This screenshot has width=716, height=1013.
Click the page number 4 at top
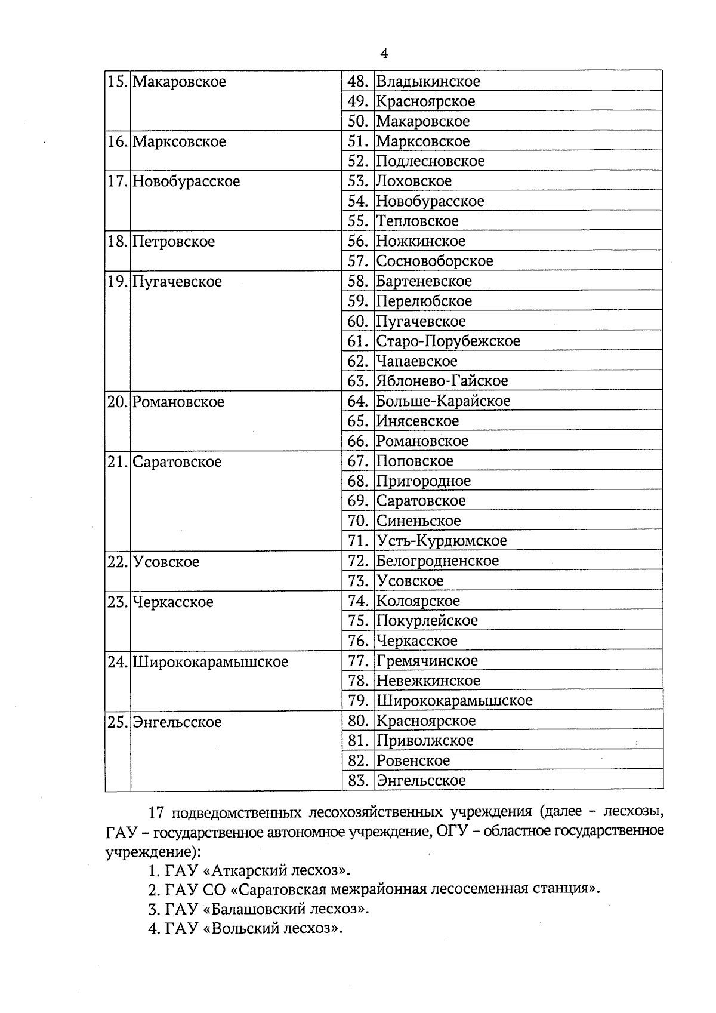[x=384, y=54]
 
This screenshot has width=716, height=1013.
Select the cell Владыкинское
[x=428, y=81]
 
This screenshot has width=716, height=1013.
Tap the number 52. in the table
[x=357, y=161]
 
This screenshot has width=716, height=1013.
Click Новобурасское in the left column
[x=186, y=181]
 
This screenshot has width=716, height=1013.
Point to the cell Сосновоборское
[x=434, y=261]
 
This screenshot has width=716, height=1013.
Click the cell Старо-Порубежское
[x=447, y=341]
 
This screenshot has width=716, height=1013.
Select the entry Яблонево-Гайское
[x=442, y=381]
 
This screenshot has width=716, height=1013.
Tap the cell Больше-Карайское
[x=443, y=401]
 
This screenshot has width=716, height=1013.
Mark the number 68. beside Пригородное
[x=357, y=481]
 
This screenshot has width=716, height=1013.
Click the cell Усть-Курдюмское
[x=441, y=541]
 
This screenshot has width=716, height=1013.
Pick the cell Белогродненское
[x=437, y=561]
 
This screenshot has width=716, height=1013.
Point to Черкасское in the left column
[x=172, y=602]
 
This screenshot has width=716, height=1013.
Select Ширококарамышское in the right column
[x=454, y=701]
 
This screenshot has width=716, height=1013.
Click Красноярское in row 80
[x=425, y=721]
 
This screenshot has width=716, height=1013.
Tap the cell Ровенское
[x=412, y=760]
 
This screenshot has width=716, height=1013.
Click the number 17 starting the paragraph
[x=156, y=813]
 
